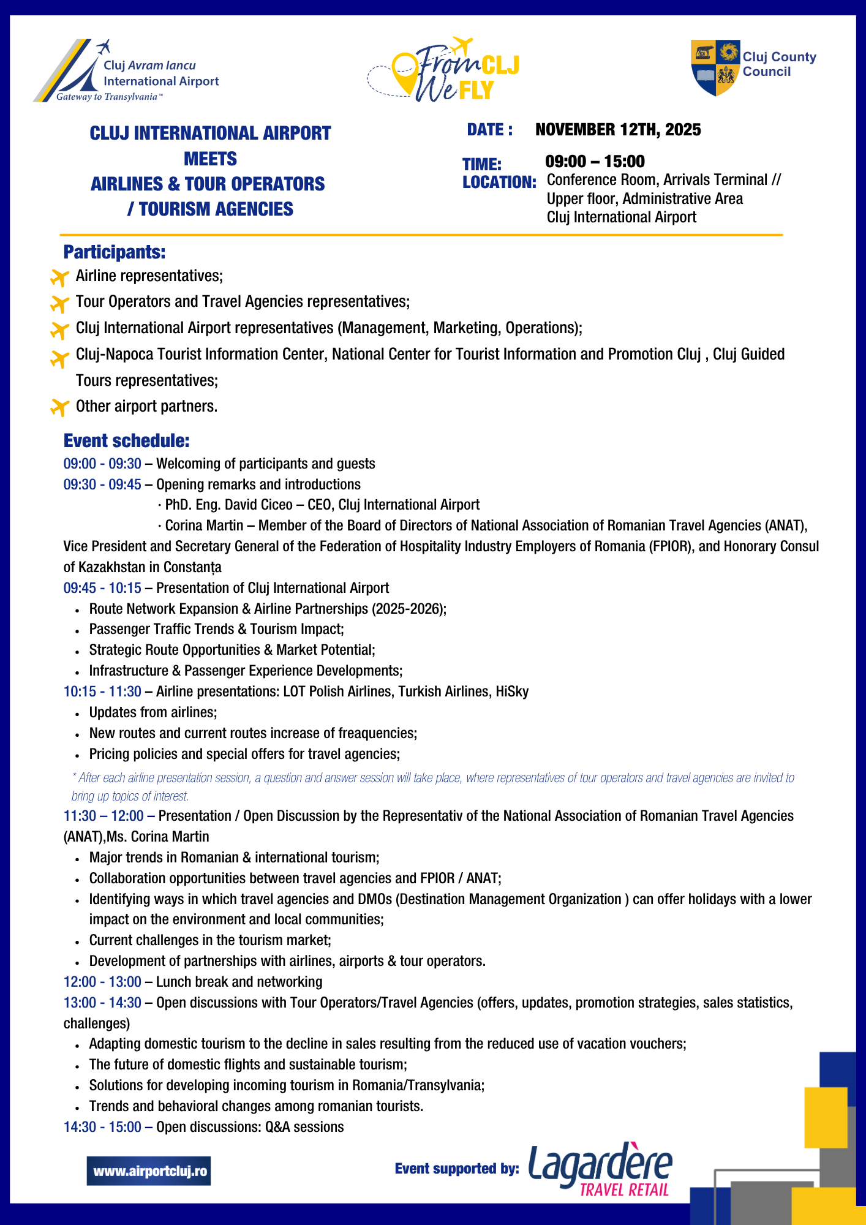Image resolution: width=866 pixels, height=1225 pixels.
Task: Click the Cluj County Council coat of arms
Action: pos(715,68)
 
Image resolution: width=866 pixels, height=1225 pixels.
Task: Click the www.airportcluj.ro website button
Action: pos(149,1171)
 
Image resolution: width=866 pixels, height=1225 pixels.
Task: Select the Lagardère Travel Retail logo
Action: pos(600,1170)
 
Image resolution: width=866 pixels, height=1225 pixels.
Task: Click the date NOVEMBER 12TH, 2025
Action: pos(618,130)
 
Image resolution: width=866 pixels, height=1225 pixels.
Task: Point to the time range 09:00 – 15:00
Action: pos(595,162)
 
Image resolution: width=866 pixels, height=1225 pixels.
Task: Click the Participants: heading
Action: pos(115,252)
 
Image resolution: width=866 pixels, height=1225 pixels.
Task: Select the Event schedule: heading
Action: pos(127,441)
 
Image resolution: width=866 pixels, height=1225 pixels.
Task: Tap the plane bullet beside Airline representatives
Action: pos(59,277)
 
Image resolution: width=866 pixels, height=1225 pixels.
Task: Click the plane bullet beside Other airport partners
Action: pos(59,407)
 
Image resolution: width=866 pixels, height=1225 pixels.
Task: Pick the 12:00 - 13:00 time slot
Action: pos(102,982)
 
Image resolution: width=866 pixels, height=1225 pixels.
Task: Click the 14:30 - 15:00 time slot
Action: pos(102,1127)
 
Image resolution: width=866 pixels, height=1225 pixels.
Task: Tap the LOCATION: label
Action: pos(499,183)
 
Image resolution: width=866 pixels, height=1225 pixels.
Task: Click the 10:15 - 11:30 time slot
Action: pos(102,692)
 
